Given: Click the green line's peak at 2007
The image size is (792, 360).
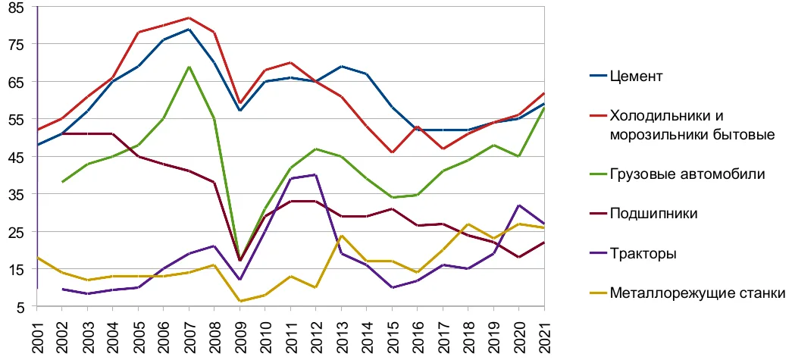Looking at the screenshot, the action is [x=189, y=67].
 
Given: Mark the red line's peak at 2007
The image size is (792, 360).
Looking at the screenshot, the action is [x=189, y=17].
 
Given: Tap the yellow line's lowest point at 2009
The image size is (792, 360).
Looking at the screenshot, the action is [x=240, y=302].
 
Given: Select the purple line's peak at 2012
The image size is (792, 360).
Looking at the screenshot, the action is [x=316, y=175].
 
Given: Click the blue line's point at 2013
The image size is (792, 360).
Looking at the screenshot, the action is [x=342, y=66].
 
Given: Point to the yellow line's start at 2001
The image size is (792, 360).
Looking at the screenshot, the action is [x=37, y=258].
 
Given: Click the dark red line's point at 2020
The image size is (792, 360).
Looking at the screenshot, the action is [x=518, y=257].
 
